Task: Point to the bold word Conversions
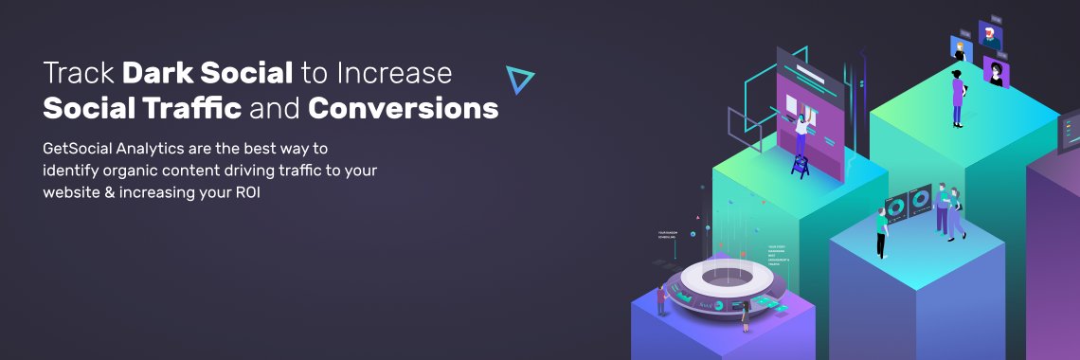pyautogui.click(x=404, y=109)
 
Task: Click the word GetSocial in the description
pyautogui.click(x=81, y=150)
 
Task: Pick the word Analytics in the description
pyautogui.click(x=160, y=150)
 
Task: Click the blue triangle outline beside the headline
pyautogui.click(x=518, y=81)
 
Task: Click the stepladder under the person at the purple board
pyautogui.click(x=800, y=166)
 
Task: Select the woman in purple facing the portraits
pyautogui.click(x=958, y=97)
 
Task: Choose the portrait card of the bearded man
pyautogui.click(x=991, y=35)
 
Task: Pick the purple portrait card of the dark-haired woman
pyautogui.click(x=995, y=72)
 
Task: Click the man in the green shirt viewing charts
pyautogui.click(x=882, y=232)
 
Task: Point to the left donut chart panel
pyautogui.click(x=896, y=206)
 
